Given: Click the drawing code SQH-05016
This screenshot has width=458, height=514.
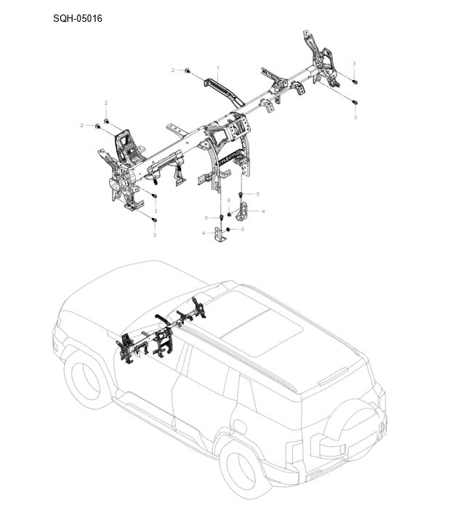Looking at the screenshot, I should [x=78, y=18].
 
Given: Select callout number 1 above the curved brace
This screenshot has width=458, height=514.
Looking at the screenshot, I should [x=217, y=68].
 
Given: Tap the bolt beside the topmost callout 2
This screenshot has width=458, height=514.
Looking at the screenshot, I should [x=188, y=71].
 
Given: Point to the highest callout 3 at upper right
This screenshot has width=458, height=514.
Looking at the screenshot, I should [x=354, y=64].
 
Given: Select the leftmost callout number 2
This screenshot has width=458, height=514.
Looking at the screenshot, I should [x=81, y=126].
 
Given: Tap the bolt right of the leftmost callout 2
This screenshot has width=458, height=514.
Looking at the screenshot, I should [x=97, y=127].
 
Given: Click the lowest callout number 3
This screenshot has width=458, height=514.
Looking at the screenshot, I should [x=155, y=235].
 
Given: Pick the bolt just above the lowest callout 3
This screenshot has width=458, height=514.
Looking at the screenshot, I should [x=155, y=218].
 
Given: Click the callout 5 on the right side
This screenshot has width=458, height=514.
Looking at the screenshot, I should [x=258, y=194].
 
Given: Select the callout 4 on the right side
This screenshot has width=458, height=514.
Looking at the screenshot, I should [x=262, y=212].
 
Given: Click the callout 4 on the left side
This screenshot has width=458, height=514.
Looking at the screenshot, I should [x=204, y=233].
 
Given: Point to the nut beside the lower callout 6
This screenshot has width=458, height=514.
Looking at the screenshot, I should [x=229, y=230].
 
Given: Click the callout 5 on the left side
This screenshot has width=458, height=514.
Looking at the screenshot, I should [x=206, y=217].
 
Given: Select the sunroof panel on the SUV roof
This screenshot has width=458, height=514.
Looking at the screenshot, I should [x=261, y=328].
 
